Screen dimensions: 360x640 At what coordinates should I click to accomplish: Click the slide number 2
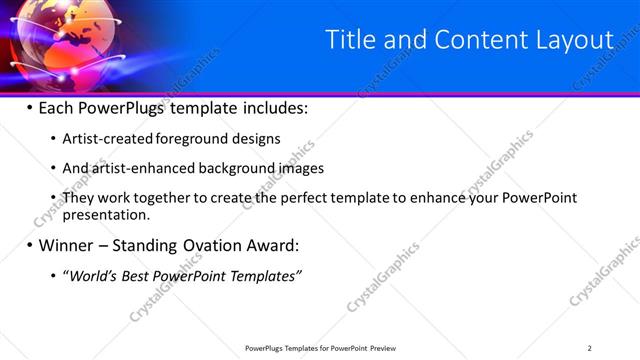tap(589, 348)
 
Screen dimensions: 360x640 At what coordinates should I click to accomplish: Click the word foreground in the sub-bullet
tap(186, 139)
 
